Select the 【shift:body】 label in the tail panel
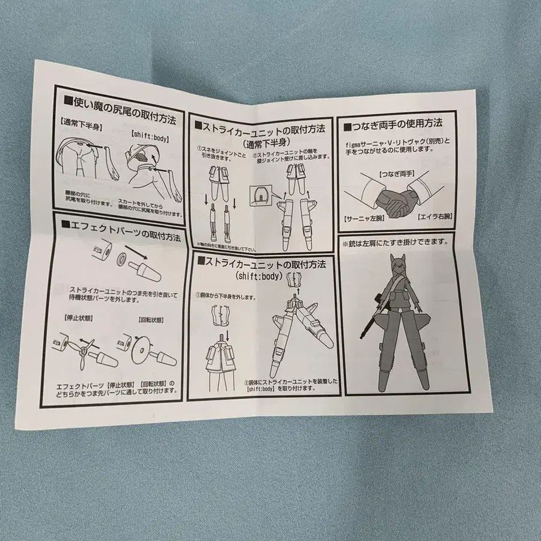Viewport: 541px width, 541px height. point(148,136)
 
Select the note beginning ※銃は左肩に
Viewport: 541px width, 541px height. point(395,242)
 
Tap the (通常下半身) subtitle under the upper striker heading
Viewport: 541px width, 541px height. point(262,142)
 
